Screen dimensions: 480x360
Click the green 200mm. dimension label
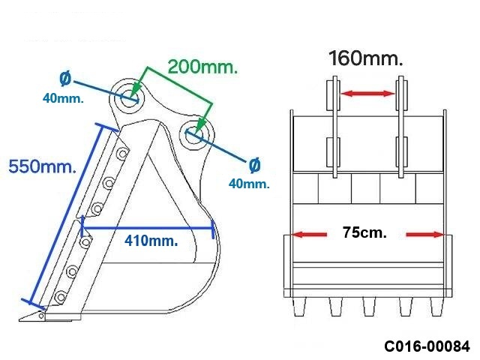pyautogui.click(x=202, y=66)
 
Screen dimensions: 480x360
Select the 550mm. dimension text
pyautogui.click(x=42, y=166)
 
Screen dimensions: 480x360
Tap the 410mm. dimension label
pyautogui.click(x=151, y=241)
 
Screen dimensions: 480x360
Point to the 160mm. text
pyautogui.click(x=365, y=58)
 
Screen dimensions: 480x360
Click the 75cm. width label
pyautogui.click(x=364, y=232)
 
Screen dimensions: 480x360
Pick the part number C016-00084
pyautogui.click(x=427, y=346)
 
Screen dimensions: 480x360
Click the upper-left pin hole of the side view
pyautogui.click(x=129, y=97)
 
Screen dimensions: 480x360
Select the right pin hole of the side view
pyautogui.click(x=194, y=134)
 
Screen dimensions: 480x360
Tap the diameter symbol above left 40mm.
pyautogui.click(x=65, y=78)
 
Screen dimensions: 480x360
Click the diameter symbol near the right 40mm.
pyautogui.click(x=255, y=165)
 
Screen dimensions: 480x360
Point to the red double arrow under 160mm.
pyautogui.click(x=367, y=93)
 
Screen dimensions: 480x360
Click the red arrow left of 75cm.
pyautogui.click(x=308, y=235)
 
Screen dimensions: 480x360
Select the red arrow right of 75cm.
pyautogui.click(x=425, y=235)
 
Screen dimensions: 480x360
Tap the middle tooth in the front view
pyautogui.click(x=368, y=306)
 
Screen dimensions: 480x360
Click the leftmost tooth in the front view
pyautogui.click(x=299, y=306)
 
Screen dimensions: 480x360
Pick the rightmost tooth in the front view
pyautogui.click(x=436, y=306)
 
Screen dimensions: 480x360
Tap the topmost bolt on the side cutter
pyautogui.click(x=123, y=153)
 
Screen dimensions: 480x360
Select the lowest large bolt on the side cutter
pyautogui.click(x=59, y=297)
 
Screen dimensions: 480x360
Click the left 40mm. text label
pyautogui.click(x=63, y=98)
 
